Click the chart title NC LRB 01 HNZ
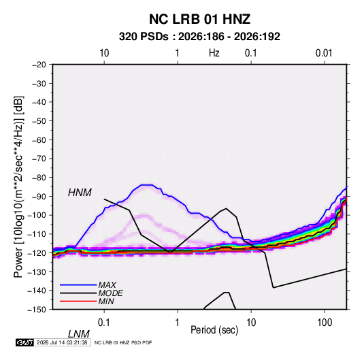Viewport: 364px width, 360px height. click(199, 19)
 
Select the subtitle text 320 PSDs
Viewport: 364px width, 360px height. click(144, 37)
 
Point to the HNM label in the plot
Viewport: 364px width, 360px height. click(80, 193)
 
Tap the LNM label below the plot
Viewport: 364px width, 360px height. click(78, 334)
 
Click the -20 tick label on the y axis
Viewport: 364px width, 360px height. click(39, 65)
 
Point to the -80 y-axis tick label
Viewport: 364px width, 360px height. click(39, 178)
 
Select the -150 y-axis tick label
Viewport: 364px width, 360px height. click(37, 310)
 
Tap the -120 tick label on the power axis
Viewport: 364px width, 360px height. click(37, 253)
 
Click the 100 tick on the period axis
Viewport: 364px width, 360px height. click(325, 323)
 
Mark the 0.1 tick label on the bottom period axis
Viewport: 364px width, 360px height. click(104, 323)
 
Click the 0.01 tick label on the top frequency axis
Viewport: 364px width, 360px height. click(324, 53)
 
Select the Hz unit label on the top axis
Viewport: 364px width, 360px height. click(214, 53)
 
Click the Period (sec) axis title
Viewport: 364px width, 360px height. click(214, 330)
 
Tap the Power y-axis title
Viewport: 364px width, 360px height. click(18, 187)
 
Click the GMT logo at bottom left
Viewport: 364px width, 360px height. click(24, 342)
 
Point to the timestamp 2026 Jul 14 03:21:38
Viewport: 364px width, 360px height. click(62, 342)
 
